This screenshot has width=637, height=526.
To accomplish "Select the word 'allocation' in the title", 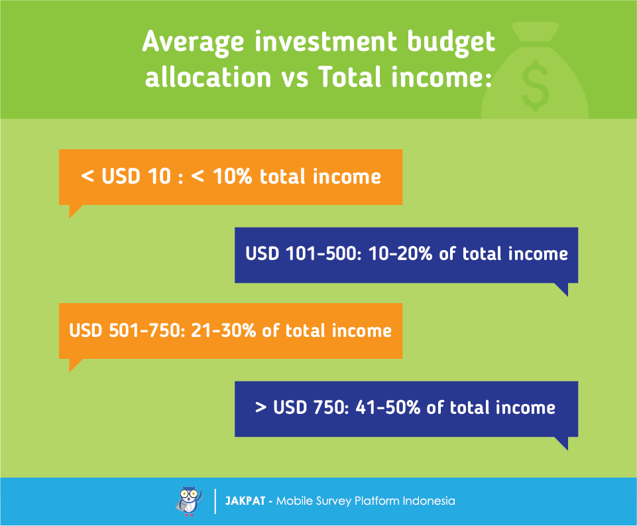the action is pyautogui.click(x=208, y=77).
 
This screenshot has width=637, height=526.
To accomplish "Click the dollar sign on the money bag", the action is pyautogui.click(x=535, y=86).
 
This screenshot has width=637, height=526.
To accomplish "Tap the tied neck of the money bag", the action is pyautogui.click(x=535, y=33).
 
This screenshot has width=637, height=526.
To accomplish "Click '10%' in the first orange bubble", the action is pyautogui.click(x=232, y=176).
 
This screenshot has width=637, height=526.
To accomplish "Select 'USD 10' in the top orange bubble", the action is pyautogui.click(x=137, y=176).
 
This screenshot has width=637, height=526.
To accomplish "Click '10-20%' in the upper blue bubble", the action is pyautogui.click(x=400, y=253).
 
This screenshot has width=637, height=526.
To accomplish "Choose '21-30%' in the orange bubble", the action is pyautogui.click(x=223, y=330).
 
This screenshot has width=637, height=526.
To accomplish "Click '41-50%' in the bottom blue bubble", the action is pyautogui.click(x=388, y=407).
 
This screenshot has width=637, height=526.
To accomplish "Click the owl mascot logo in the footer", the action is pyautogui.click(x=189, y=501).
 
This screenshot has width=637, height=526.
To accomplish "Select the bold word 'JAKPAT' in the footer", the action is pyautogui.click(x=245, y=501).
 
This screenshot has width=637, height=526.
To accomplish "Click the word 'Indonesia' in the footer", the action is pyautogui.click(x=429, y=501).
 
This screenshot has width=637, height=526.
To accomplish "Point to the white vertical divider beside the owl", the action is pyautogui.click(x=215, y=501).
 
